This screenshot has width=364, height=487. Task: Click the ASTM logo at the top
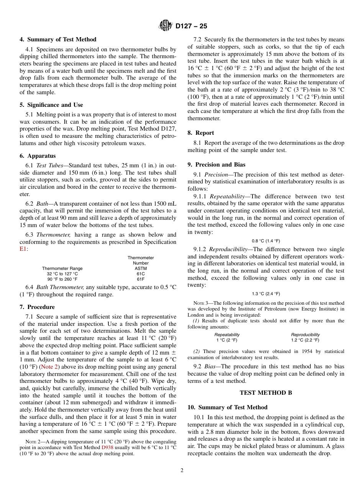coord(166,26)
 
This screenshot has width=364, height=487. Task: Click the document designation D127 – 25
coord(191,26)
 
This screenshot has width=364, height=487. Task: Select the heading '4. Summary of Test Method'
coord(58,39)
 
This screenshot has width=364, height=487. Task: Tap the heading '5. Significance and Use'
coord(51,105)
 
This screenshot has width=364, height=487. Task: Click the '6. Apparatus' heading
coord(38,156)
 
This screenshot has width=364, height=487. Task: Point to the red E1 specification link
coord(23,249)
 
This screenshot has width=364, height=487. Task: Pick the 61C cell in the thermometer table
coord(141,274)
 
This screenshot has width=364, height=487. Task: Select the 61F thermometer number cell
coord(141,279)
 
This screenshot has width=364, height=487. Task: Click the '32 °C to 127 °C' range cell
coord(62,274)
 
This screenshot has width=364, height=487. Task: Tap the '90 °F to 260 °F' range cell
coord(62,279)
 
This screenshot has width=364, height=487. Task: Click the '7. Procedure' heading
coord(37,307)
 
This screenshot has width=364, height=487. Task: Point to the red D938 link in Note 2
coord(107,447)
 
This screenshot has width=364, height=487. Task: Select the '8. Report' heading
coord(201,133)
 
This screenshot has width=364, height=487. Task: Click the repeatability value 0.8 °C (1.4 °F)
coord(266,241)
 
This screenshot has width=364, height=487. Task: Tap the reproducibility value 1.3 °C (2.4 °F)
coord(266,294)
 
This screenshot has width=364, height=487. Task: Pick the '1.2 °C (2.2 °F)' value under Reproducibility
coord(305,340)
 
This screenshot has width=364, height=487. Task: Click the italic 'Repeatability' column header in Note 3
coord(227,335)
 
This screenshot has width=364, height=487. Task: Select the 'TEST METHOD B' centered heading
coord(266,393)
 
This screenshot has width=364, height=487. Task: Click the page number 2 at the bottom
coord(182,471)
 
